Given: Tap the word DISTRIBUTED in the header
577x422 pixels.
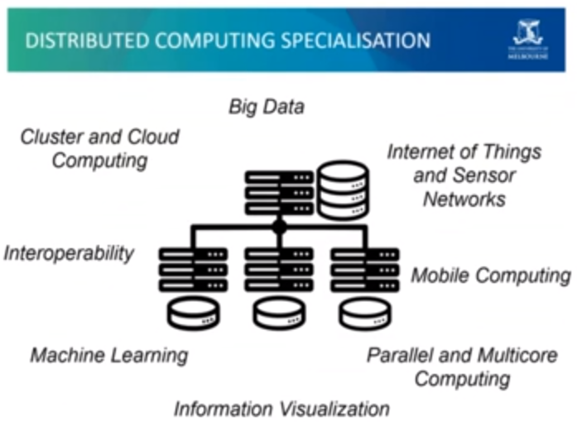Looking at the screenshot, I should click(x=76, y=41).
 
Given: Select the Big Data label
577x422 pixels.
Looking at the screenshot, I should click(x=267, y=107).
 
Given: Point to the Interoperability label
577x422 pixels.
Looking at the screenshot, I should click(x=69, y=253).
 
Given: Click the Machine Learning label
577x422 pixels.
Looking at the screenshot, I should click(x=109, y=356).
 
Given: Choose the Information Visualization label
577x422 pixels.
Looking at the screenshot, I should click(x=281, y=408).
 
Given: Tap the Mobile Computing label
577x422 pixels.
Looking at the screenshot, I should click(x=491, y=276).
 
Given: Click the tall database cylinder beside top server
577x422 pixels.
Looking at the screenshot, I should click(x=343, y=190).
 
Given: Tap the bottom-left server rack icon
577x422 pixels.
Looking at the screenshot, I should click(x=193, y=269).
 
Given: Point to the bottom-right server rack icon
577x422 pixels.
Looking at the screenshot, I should click(x=365, y=269).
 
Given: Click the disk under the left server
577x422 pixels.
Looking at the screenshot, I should click(x=193, y=313).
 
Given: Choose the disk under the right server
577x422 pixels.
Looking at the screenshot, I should click(x=365, y=313).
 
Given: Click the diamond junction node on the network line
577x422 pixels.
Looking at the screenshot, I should click(x=280, y=224).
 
